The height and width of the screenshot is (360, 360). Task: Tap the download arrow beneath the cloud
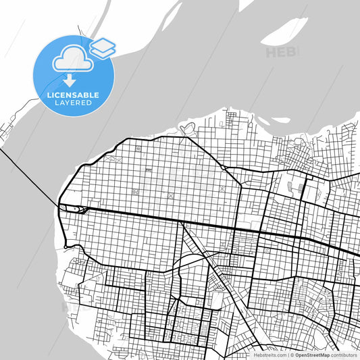(x=70, y=81)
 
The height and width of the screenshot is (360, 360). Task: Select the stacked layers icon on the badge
(x=103, y=47)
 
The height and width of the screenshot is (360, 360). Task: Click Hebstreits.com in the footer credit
(x=269, y=354)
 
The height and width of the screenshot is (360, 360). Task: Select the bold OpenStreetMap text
(x=313, y=354)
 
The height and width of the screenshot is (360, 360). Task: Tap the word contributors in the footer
(x=344, y=354)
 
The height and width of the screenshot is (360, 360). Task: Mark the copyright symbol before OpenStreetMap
(x=291, y=354)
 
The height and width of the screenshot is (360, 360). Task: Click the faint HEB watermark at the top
(x=278, y=52)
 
